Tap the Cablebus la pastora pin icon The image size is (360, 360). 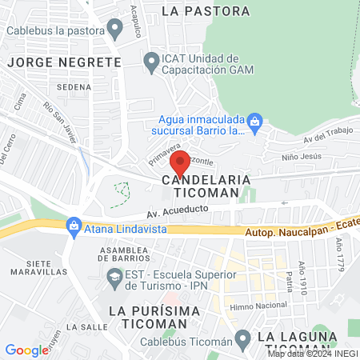[x=115, y=30]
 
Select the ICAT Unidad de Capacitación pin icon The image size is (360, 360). [x=150, y=60]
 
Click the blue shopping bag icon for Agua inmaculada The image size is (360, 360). [x=254, y=121]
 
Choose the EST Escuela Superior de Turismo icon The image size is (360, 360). [x=113, y=275]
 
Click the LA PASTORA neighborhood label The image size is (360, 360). [x=205, y=11]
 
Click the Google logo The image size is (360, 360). [x=26, y=350]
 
